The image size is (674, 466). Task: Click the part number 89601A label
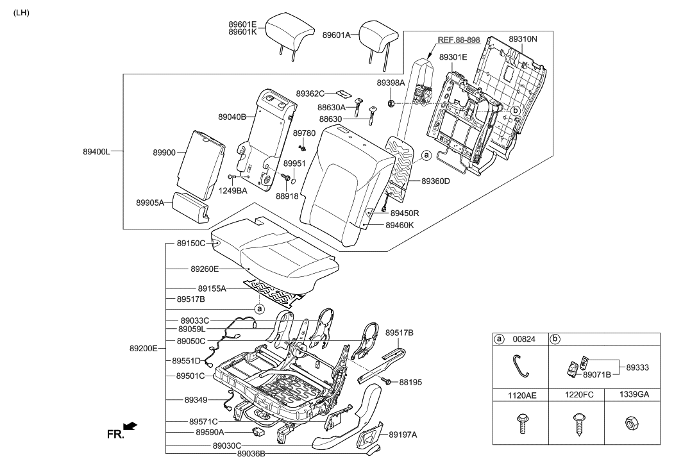[336, 36]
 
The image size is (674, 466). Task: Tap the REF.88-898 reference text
[458, 40]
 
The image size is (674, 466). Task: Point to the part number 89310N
[523, 38]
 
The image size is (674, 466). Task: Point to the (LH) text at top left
[21, 12]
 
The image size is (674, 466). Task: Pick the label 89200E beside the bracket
[143, 349]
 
